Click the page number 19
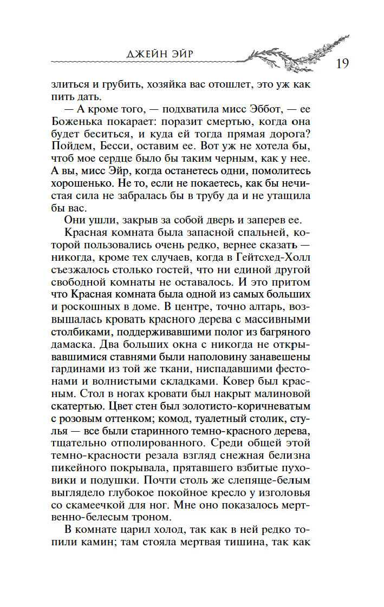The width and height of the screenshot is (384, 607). point(342,63)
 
